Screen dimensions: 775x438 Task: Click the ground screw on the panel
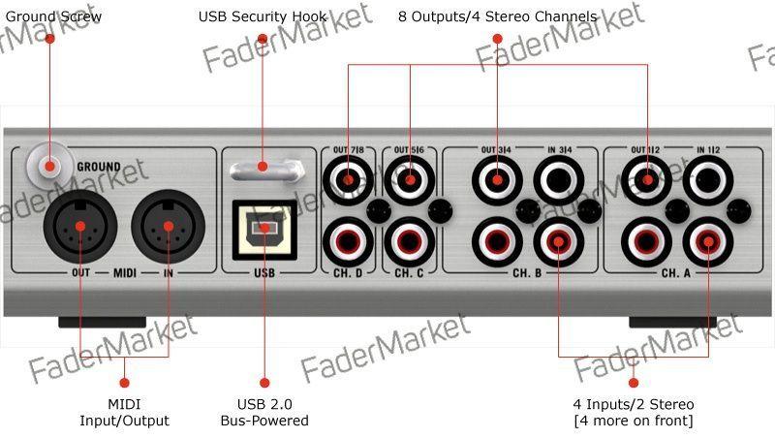click(x=49, y=166)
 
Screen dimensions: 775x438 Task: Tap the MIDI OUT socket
click(x=80, y=227)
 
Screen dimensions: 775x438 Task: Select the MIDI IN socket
click(x=168, y=227)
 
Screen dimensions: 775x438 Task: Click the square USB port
click(x=264, y=230)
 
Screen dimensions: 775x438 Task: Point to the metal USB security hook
click(x=267, y=171)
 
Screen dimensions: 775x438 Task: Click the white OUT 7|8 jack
click(x=348, y=180)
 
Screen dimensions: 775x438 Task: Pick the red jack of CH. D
click(x=348, y=241)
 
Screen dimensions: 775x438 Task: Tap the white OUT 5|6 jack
click(x=409, y=180)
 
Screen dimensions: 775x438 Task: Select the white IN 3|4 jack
click(x=559, y=180)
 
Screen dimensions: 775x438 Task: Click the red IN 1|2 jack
click(x=708, y=241)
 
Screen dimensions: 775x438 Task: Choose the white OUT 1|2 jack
click(x=646, y=180)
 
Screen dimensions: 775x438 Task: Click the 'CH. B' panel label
click(x=527, y=273)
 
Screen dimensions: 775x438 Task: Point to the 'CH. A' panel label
click(x=676, y=273)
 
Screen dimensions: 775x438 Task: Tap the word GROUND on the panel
click(x=99, y=167)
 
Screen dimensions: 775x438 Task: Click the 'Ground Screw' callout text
click(x=53, y=16)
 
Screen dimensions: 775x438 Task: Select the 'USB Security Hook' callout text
click(x=263, y=16)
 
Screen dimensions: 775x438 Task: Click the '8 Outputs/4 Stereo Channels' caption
click(x=498, y=16)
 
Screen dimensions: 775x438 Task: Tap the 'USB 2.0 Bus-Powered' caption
click(x=264, y=412)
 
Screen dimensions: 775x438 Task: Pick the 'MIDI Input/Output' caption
click(x=125, y=412)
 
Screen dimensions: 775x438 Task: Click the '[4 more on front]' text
click(x=634, y=421)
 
